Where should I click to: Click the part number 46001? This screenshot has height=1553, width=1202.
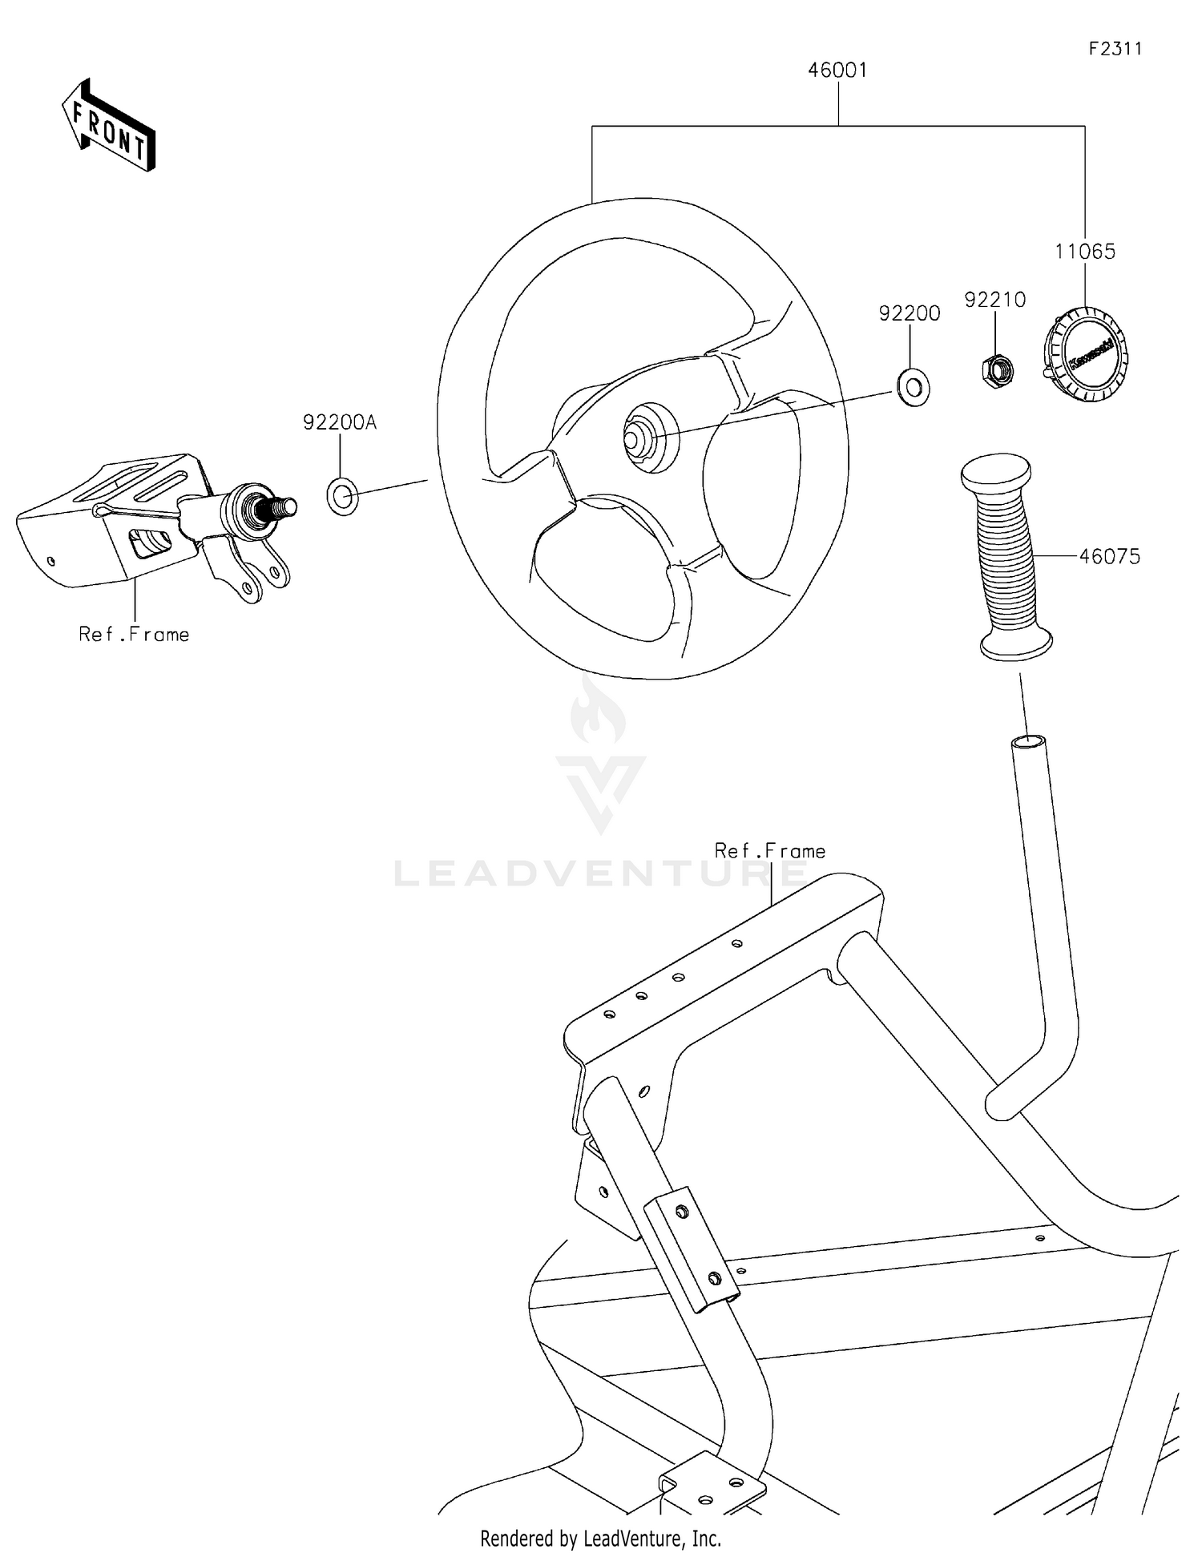837,71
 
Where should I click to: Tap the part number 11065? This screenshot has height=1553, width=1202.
1084,252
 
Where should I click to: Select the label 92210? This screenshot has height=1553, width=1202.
994,300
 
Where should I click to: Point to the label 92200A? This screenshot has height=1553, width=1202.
339,422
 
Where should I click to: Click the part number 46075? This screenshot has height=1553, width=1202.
1109,556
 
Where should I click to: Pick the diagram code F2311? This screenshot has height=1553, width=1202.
1115,49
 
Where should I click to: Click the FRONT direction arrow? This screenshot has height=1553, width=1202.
108,127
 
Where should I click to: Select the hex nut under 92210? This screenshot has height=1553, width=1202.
997,370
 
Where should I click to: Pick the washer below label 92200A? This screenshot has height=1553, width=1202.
343,496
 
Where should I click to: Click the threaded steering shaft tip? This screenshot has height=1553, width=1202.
284,506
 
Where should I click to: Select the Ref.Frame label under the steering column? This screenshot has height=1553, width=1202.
134,635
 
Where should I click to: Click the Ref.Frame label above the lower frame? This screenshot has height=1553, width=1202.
769,851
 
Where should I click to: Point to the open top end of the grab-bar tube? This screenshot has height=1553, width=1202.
1028,741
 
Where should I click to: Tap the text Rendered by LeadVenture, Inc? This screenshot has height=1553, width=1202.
600,1538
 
